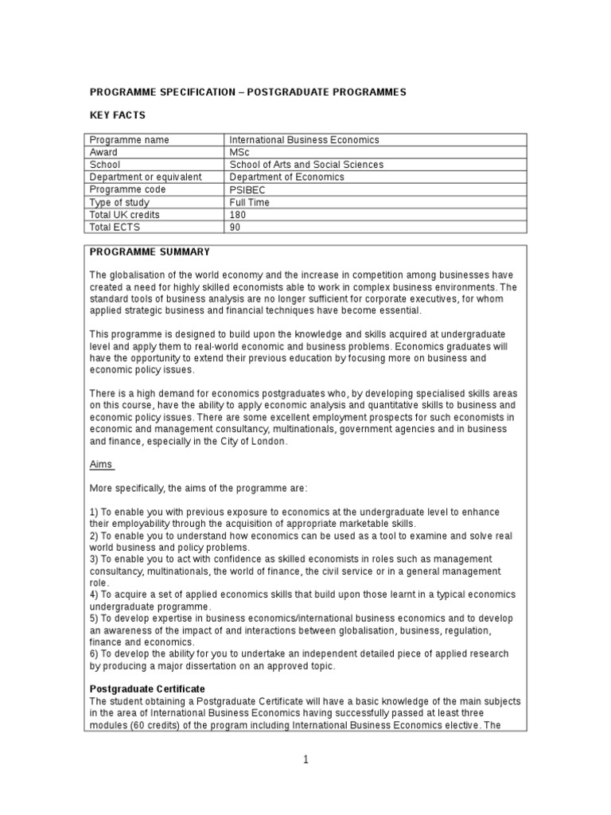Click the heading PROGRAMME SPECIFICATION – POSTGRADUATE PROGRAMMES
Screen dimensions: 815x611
247,92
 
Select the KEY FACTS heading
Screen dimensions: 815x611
117,115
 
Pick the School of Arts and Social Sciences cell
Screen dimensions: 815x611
306,165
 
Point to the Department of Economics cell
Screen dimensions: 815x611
286,177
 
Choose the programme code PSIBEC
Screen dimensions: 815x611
246,189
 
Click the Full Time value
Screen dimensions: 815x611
249,202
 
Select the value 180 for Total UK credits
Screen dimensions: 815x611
237,215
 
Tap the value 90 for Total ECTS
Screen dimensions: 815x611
235,227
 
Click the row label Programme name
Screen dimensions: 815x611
129,140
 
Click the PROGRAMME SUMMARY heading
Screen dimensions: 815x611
150,252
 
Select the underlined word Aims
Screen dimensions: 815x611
101,464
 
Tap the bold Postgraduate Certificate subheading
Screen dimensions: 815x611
147,688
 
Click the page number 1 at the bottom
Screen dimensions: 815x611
305,759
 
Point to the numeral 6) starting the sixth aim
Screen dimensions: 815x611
94,653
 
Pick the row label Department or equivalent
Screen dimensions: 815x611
146,177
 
